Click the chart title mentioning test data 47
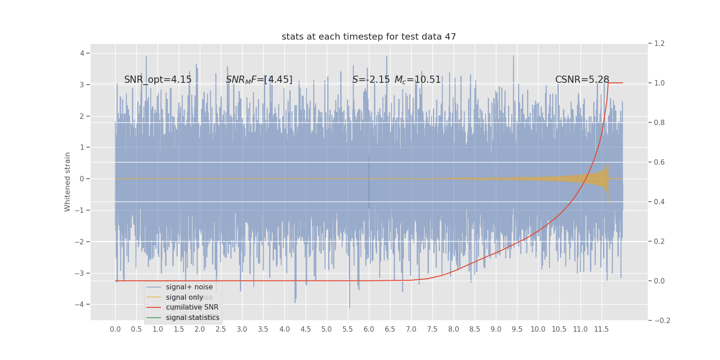[369, 37]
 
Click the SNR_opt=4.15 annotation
[158, 80]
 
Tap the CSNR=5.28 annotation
[582, 80]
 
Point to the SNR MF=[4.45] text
[259, 80]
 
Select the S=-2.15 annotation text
[371, 80]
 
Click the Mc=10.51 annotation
[418, 80]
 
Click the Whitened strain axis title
[67, 182]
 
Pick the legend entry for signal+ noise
[189, 287]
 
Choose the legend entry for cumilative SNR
[192, 307]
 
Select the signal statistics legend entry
[193, 318]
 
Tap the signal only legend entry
[184, 297]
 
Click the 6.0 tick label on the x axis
[369, 329]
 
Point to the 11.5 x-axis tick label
[601, 329]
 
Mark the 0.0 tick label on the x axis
[115, 329]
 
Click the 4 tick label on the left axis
[82, 53]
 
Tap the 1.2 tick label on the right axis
[659, 44]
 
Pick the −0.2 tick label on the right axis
[661, 320]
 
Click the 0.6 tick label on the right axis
[659, 162]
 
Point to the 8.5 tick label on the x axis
[475, 329]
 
